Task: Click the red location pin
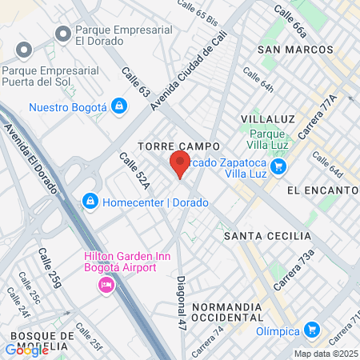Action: click(180, 164)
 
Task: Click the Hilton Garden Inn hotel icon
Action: click(106, 286)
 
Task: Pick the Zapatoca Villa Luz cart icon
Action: click(278, 166)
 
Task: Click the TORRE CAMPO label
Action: click(168, 147)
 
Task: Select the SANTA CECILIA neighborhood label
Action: click(267, 236)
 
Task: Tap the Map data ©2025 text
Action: click(326, 354)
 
